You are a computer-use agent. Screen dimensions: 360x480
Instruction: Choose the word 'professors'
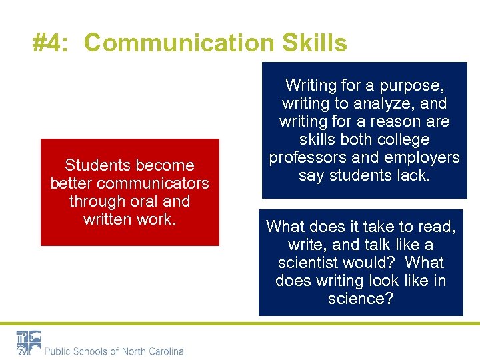click(307, 157)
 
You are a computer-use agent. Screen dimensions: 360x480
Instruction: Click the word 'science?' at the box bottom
click(361, 299)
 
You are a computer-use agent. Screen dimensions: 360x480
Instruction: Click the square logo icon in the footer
click(29, 342)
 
